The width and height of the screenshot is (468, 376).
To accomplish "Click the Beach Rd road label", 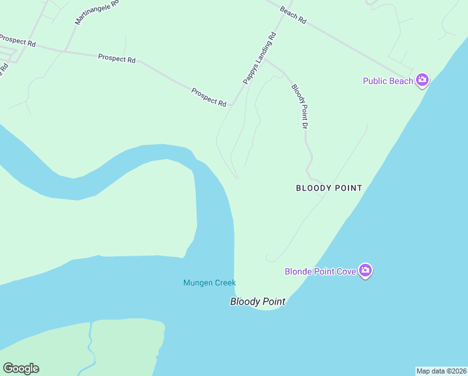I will coord(293,16).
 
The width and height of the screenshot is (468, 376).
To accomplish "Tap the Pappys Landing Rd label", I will coord(260,58).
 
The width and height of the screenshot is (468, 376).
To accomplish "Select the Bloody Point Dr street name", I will coord(300,107).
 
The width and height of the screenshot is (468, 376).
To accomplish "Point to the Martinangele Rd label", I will coord(96,12).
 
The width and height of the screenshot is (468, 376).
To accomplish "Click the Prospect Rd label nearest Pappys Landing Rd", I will coord(209,97).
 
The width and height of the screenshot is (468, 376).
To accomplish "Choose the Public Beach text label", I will coord(388,81).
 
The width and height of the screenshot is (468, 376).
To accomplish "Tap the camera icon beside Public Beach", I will coord(422,80).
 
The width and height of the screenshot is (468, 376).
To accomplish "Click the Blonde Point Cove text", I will coord(320,271).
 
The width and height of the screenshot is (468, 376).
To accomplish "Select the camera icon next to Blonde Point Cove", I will coord(365,271).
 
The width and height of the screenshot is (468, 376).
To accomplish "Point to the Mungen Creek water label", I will coord(209,283).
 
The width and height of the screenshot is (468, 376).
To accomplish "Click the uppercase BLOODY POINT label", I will coord(328,188).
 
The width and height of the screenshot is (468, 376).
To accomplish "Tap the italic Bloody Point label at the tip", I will coord(257,301).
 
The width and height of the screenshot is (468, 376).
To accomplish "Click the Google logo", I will coord(21,368).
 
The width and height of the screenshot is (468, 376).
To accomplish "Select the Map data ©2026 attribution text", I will coord(441,371).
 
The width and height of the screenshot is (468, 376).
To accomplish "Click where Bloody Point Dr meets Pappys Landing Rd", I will coord(264,60).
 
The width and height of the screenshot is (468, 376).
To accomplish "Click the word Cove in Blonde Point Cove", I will coord(346,271).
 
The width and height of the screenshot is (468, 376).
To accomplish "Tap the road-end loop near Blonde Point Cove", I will coord(270,258).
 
